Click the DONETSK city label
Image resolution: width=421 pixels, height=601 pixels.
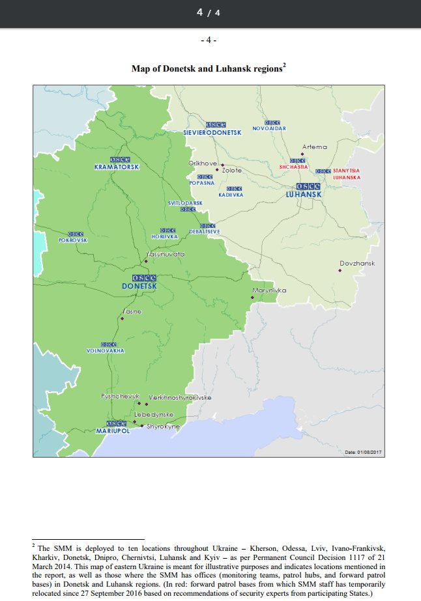(x=139, y=286)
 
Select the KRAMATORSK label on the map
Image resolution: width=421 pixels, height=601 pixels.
(x=117, y=167)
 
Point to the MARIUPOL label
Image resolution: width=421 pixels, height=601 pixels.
(x=113, y=431)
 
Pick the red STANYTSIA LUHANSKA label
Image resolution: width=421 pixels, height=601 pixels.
(x=345, y=174)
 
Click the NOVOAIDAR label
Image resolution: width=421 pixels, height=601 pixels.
(x=269, y=128)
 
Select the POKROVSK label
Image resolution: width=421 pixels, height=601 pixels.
(x=72, y=240)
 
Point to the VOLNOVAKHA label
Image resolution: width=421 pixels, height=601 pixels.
(x=105, y=351)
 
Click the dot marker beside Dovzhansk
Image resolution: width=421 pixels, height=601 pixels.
(x=339, y=270)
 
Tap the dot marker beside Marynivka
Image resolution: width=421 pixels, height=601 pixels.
(x=252, y=298)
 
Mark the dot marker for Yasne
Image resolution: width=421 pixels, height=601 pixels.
(x=122, y=318)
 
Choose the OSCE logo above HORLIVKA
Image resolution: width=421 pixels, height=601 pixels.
(x=167, y=231)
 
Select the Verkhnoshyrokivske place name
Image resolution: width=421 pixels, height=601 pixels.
(x=180, y=397)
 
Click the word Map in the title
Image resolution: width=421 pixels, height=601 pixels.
(x=141, y=68)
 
